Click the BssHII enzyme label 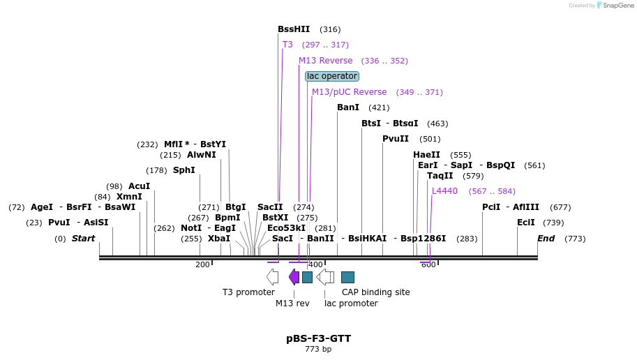coord(294,29)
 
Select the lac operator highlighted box coord(332,76)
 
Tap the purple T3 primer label coord(287,45)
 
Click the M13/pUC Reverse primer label coord(349,92)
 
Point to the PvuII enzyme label coord(396,139)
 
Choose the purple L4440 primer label coord(444,191)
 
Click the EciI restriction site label coord(526,223)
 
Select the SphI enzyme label coord(184,170)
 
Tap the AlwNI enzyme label coord(202,155)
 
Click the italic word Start coord(84,239)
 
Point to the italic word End coord(546,239)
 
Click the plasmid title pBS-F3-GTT coord(318,338)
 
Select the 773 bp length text coord(318,350)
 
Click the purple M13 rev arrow coord(294,277)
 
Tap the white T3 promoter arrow coord(272,277)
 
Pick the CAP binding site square coord(347,277)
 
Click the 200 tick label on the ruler coord(202,264)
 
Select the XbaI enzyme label coord(219,239)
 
